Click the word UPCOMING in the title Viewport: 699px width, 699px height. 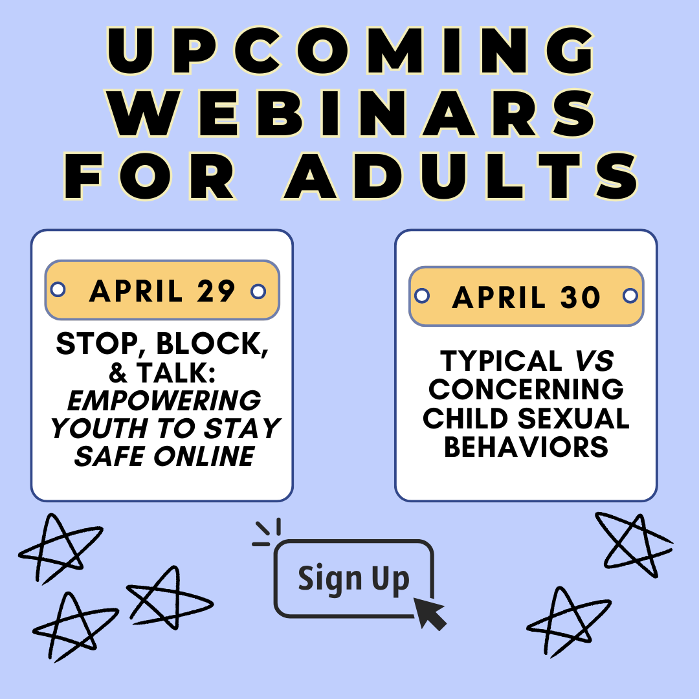pos(350,50)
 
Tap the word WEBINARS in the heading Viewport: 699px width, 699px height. pos(352,113)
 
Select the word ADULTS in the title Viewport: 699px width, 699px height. pos(461,175)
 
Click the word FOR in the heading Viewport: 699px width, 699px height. pos(150,175)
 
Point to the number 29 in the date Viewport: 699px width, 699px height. pos(216,291)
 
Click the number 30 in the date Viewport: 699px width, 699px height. pos(581,297)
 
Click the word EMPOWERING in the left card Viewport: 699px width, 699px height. pos(164,401)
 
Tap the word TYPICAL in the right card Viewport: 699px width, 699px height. pos(501,361)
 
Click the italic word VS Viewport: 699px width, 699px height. pos(595,361)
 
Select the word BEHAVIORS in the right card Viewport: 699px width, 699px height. pos(526,447)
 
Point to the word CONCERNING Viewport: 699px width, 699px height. pos(526,389)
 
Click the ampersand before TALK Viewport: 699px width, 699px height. pos(118,373)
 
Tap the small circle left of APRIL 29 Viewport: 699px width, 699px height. pos(58,289)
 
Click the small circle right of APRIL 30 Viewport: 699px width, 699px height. pos(630,296)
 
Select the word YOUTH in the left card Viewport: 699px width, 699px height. pos(99,428)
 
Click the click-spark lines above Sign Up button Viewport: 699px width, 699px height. pos(267,532)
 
